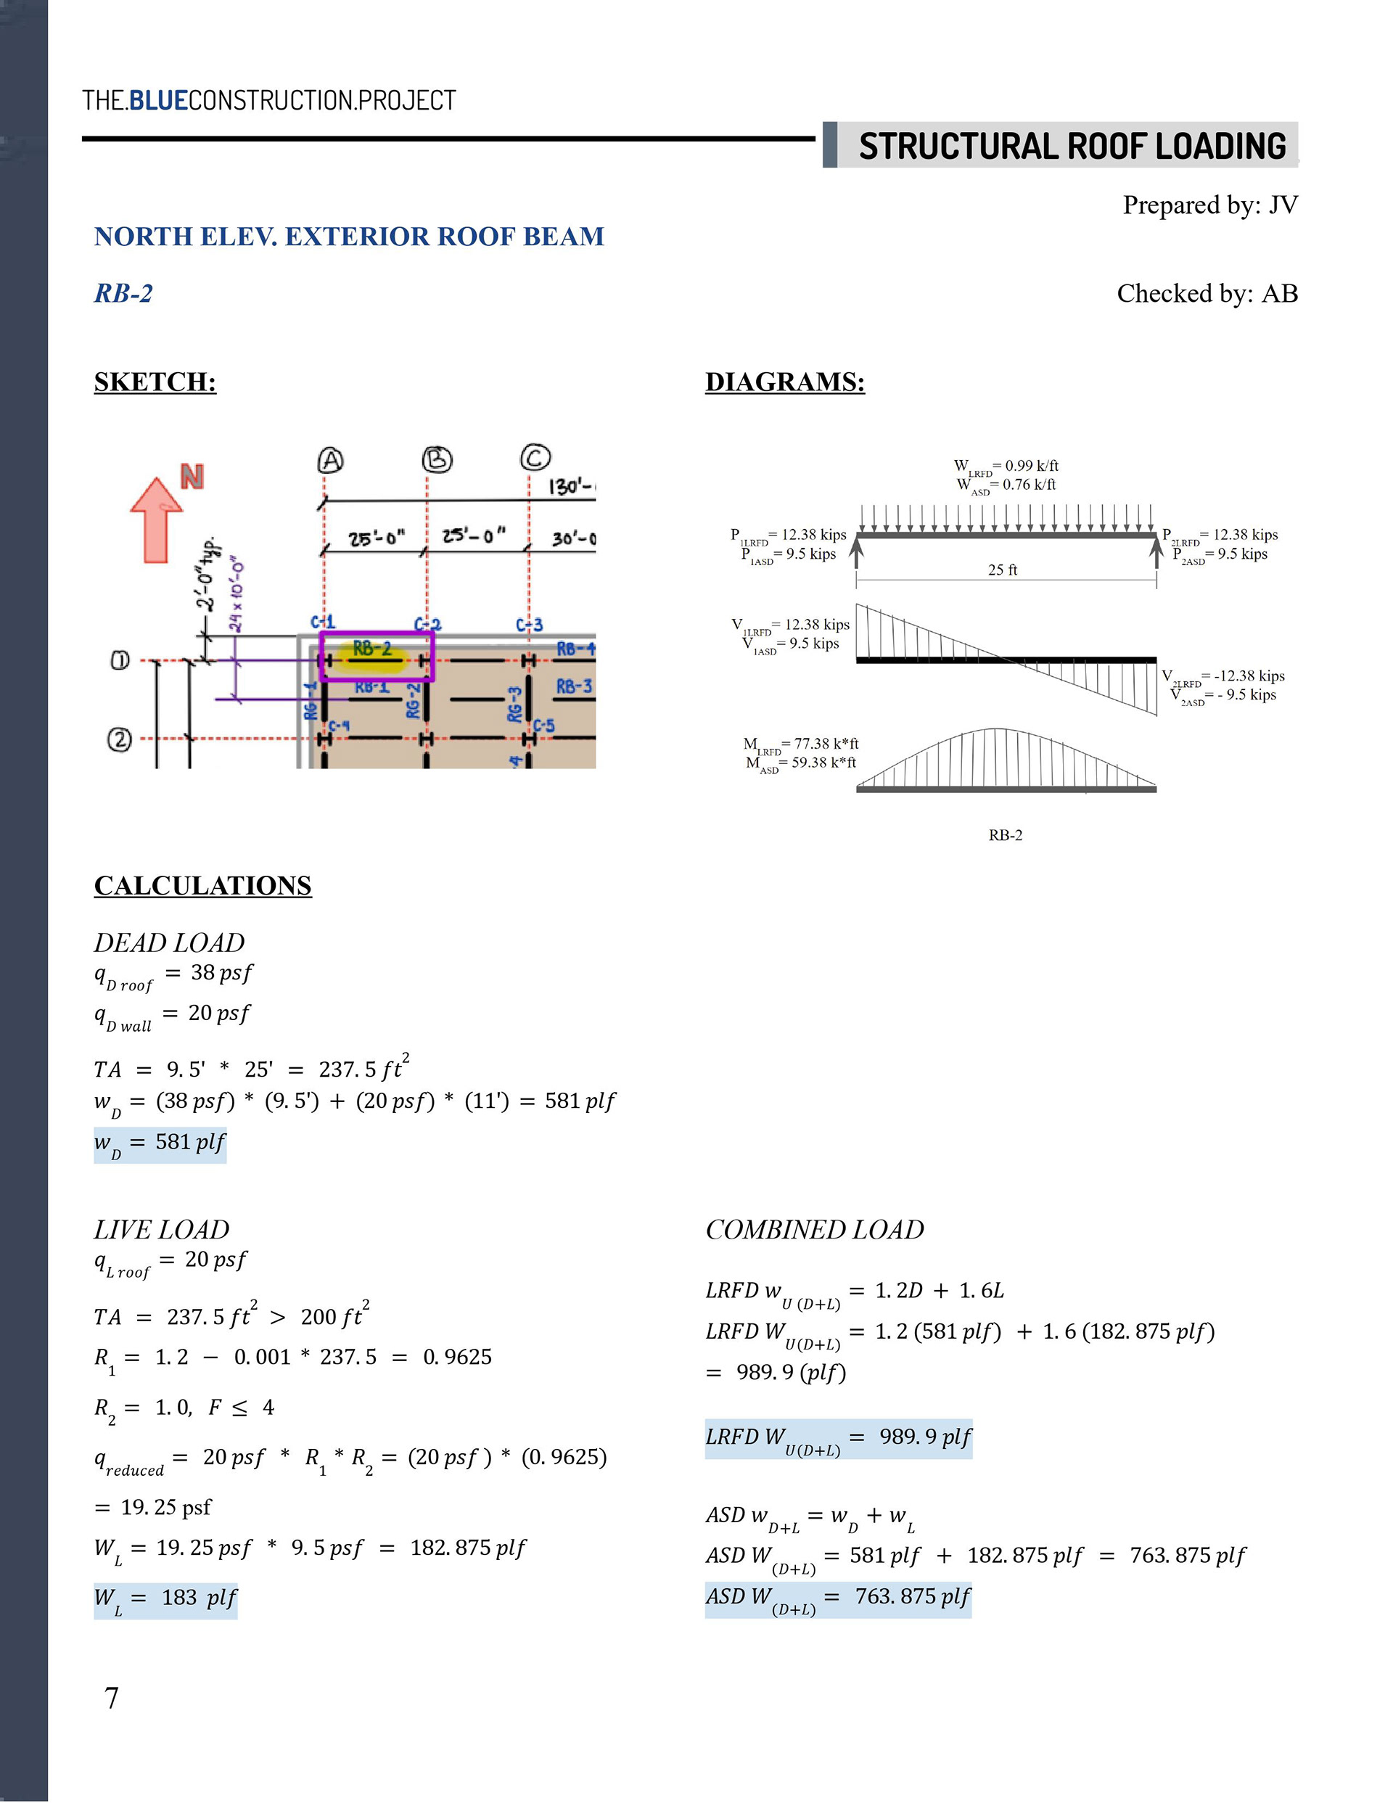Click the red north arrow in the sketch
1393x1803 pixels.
156,519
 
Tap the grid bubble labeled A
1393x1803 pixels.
330,460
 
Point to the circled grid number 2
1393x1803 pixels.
119,739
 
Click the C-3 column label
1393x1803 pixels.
530,625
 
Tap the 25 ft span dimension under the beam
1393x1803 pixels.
1003,570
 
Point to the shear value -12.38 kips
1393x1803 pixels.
1249,676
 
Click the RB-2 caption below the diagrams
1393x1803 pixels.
1005,835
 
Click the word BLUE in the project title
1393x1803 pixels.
159,101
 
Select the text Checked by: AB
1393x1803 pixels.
1207,293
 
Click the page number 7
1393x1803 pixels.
112,1697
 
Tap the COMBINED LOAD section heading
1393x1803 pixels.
814,1230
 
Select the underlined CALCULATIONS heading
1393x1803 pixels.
202,885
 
